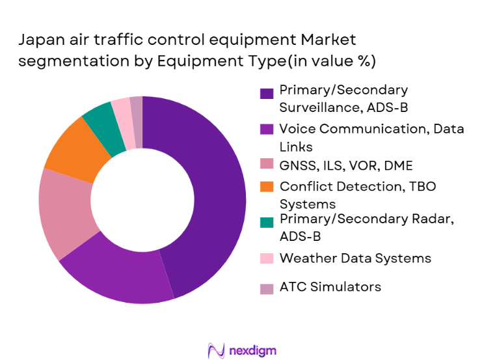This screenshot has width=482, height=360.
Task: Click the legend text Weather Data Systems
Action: [x=355, y=258]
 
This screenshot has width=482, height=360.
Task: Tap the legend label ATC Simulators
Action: [x=330, y=287]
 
